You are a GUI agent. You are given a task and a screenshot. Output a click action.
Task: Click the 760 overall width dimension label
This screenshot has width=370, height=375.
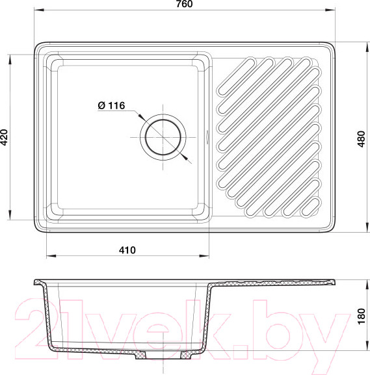pyautogui.click(x=184, y=4)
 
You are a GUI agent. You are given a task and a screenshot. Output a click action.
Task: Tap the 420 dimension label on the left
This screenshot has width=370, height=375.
pyautogui.click(x=4, y=138)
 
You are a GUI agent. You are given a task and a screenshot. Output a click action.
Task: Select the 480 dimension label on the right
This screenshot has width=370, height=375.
pyautogui.click(x=362, y=139)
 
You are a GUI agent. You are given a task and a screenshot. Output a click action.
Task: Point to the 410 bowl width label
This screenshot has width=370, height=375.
pyautogui.click(x=127, y=250)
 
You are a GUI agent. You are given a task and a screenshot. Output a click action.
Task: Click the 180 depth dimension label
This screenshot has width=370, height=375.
pyautogui.click(x=362, y=316)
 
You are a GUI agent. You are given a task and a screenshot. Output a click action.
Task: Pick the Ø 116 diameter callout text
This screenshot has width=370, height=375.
pyautogui.click(x=112, y=105)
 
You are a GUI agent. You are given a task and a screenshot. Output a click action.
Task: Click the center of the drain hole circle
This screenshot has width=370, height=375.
pyautogui.click(x=163, y=138)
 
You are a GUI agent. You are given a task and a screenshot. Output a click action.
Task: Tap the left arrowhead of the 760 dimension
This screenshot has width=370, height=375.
pyautogui.click(x=39, y=10)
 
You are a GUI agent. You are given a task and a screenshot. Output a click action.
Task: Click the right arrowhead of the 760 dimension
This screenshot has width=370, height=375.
pyautogui.click(x=330, y=10)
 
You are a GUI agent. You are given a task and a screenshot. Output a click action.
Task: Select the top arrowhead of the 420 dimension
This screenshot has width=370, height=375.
pyautogui.click(x=10, y=60)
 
